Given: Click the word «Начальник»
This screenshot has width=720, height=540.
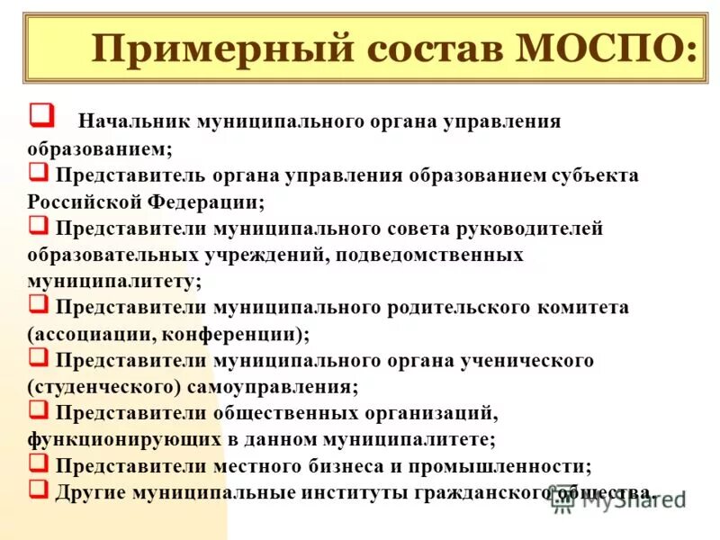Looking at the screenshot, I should coord(134,121).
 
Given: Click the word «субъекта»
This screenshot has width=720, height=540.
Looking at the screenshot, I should coord(594,175).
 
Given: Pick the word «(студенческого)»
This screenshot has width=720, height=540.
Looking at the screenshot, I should coord(104,388).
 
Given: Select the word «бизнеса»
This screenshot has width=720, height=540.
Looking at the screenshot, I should coord(351,466).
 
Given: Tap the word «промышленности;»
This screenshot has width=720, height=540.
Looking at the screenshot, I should coord(510,466).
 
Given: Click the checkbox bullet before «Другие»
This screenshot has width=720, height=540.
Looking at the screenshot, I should coord(39,489).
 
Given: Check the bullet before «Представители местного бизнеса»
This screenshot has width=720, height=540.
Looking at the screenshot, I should coord(39,463).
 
